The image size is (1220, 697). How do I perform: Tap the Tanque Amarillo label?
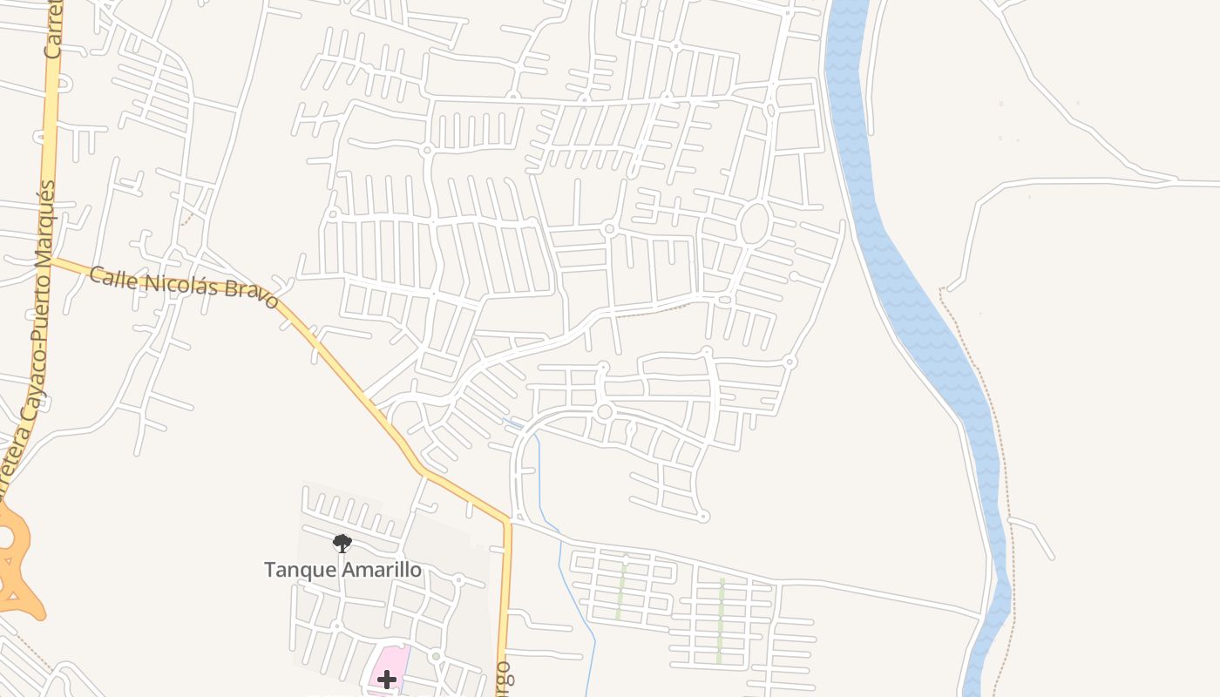[x=342, y=570]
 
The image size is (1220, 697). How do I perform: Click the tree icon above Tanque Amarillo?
[x=342, y=544]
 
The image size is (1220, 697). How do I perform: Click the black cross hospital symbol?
[x=387, y=679]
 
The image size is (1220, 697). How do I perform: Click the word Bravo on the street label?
[x=251, y=294]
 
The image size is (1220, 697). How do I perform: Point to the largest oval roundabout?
[x=754, y=224]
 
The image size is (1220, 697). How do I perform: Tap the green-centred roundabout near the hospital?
[x=436, y=656]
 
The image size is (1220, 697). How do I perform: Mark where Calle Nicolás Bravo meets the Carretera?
[x=49, y=259]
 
